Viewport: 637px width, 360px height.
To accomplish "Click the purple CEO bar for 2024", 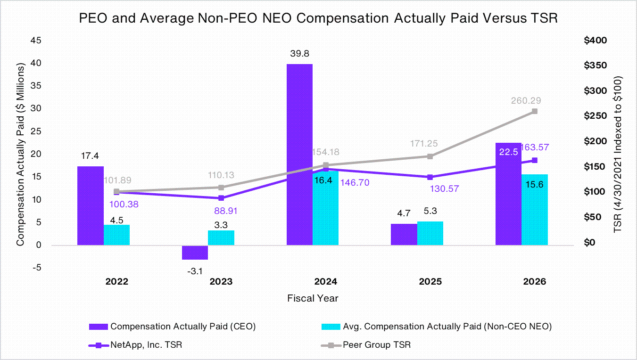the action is pyautogui.click(x=299, y=155).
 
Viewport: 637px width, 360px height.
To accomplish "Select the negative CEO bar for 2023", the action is pyautogui.click(x=195, y=252).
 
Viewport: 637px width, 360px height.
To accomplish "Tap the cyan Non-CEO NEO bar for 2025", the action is pyautogui.click(x=430, y=233).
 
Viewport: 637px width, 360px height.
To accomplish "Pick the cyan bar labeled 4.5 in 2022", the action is pyautogui.click(x=116, y=235).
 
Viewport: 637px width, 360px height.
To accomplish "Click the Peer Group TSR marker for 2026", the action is pyautogui.click(x=535, y=111).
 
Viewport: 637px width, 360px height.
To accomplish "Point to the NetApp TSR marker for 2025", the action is pyautogui.click(x=430, y=177).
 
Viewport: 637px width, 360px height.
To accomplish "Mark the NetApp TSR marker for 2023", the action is pyautogui.click(x=221, y=198).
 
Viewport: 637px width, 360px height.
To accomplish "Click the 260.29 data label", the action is pyautogui.click(x=526, y=100).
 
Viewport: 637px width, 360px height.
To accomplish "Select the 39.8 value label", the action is pyautogui.click(x=299, y=53).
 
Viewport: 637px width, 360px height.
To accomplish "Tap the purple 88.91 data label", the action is pyautogui.click(x=225, y=211).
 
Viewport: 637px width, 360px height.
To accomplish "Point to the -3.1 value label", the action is pyautogui.click(x=195, y=271).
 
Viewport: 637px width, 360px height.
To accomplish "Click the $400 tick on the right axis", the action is pyautogui.click(x=595, y=41).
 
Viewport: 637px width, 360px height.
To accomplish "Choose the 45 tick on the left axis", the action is pyautogui.click(x=36, y=41).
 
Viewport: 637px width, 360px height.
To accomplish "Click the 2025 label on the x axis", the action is pyautogui.click(x=430, y=282).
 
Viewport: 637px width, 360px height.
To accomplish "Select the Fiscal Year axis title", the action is pyautogui.click(x=313, y=298).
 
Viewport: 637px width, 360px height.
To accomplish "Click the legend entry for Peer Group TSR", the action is pyautogui.click(x=366, y=345).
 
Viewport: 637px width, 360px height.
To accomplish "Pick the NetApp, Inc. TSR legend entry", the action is pyautogui.click(x=135, y=345).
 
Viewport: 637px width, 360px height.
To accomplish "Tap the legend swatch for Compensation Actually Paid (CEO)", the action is pyautogui.click(x=99, y=327).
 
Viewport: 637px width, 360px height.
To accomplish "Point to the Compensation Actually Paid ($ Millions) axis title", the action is pyautogui.click(x=20, y=154).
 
